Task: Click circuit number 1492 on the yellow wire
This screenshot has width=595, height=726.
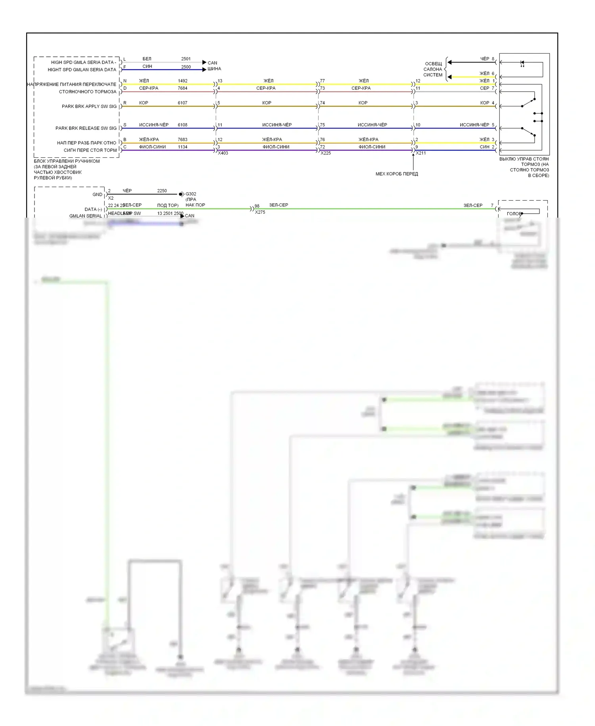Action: point(182,81)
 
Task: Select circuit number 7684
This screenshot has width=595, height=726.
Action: point(182,88)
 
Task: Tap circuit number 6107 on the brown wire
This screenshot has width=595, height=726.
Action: point(182,103)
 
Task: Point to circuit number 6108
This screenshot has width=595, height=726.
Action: point(182,125)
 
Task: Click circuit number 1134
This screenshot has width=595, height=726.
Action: point(182,147)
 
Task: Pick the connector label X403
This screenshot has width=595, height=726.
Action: point(223,153)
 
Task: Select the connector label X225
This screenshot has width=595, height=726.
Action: point(326,153)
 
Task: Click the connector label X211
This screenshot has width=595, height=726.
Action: point(421,153)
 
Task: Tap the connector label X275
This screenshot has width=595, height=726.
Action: point(260,212)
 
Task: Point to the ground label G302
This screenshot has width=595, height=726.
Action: point(191,194)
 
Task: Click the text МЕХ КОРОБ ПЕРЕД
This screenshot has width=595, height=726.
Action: point(397,174)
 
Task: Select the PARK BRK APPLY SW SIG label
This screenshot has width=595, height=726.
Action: point(89,106)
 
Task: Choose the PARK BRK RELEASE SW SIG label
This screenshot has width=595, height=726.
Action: point(86,128)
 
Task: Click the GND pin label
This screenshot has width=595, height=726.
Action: point(97,195)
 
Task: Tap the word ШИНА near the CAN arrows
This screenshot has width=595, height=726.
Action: point(214,69)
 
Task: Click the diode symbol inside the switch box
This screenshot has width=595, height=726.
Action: point(522,63)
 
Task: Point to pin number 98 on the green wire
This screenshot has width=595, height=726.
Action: point(257,206)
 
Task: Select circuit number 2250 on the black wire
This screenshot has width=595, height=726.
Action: point(162,191)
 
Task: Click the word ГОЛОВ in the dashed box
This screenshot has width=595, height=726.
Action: point(514,214)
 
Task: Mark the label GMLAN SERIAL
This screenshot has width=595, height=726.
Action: point(86,216)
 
